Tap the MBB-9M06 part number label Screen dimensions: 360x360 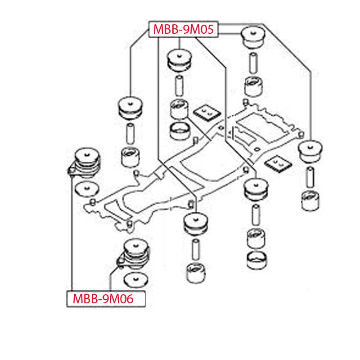point(107,299)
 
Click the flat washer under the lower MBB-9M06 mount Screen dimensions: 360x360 point(135,279)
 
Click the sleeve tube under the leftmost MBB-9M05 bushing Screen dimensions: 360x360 point(130,131)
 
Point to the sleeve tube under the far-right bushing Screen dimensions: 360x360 point(310,177)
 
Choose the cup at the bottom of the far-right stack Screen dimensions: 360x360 point(310,200)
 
